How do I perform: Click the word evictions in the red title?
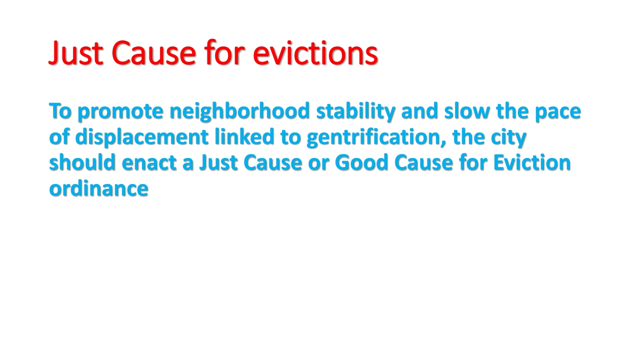(315, 53)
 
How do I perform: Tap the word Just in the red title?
(76, 53)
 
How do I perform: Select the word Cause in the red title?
(153, 53)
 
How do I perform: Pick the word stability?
(355, 111)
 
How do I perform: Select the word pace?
(558, 112)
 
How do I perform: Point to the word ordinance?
(98, 188)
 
